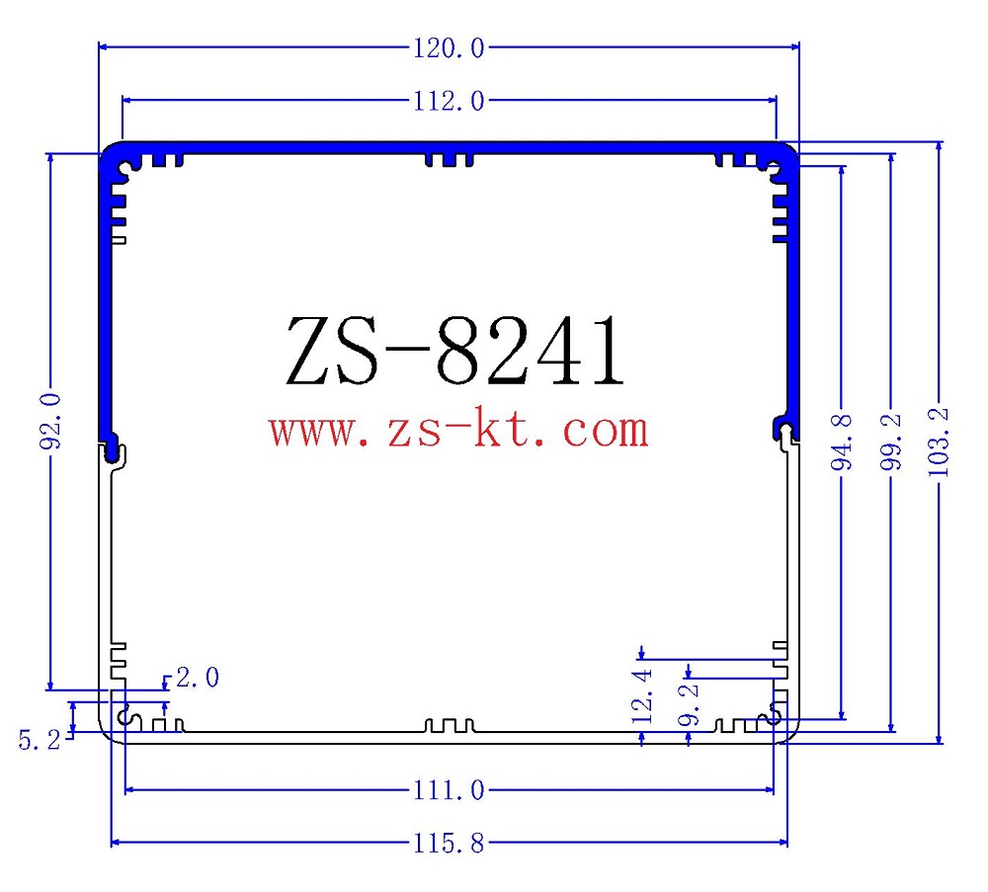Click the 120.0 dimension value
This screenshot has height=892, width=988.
[x=448, y=46]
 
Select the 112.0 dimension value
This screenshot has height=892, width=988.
[x=448, y=101]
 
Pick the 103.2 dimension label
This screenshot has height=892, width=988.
[x=940, y=442]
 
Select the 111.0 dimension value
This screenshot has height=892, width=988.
[x=448, y=790]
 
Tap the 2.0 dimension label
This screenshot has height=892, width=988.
[x=198, y=679]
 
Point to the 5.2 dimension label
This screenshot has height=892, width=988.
[x=40, y=738]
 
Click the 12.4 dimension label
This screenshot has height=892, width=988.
[x=643, y=694]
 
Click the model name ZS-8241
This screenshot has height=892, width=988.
[x=455, y=353]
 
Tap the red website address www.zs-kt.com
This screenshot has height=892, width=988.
[x=458, y=430]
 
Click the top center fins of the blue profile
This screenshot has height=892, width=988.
[x=449, y=158]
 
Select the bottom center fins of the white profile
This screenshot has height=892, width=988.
[x=449, y=727]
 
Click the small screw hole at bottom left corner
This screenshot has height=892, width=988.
[x=125, y=716]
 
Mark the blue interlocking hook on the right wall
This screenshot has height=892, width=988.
[x=784, y=427]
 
